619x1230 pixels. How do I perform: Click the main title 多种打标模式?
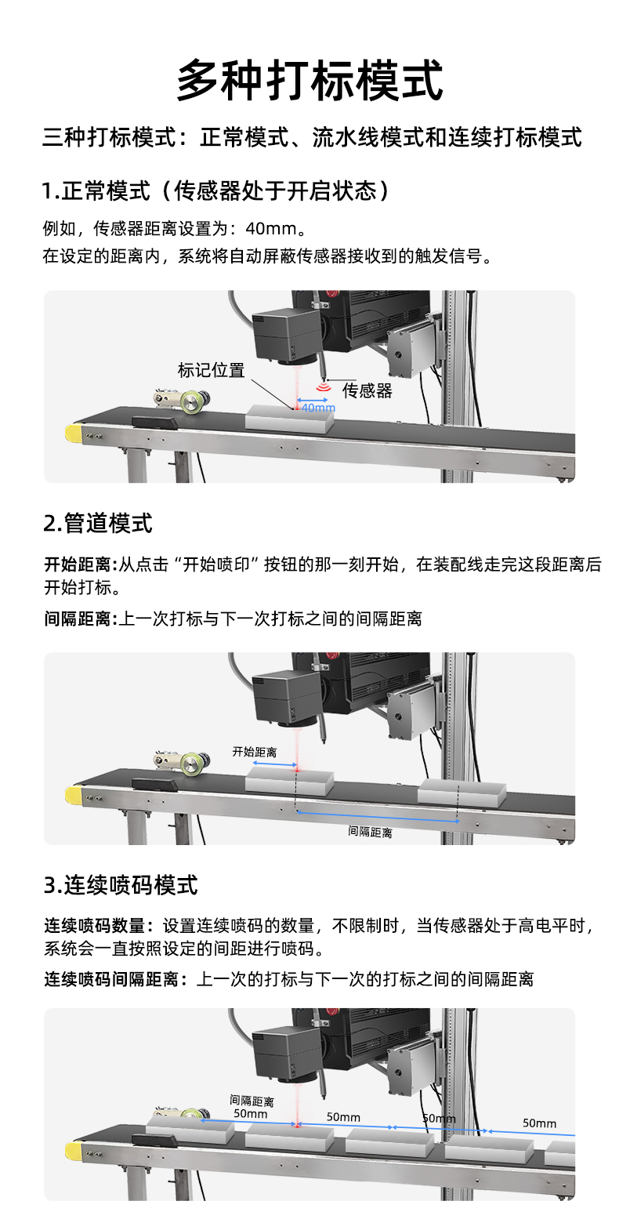pyautogui.click(x=309, y=80)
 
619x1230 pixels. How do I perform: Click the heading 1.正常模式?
pyautogui.click(x=96, y=191)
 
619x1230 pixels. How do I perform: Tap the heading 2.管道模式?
pyautogui.click(x=98, y=523)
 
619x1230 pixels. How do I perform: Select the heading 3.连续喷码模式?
pyautogui.click(x=121, y=885)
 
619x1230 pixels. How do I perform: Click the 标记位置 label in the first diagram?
pyautogui.click(x=212, y=370)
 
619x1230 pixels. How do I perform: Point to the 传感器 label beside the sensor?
pyautogui.click(x=367, y=390)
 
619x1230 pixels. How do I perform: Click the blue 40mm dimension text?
pyautogui.click(x=318, y=408)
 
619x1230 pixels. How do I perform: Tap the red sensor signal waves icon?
pyautogui.click(x=324, y=388)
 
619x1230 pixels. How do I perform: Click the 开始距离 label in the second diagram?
pyautogui.click(x=255, y=752)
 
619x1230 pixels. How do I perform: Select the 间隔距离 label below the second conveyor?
pyautogui.click(x=371, y=832)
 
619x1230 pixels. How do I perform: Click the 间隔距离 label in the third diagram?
pyautogui.click(x=252, y=1101)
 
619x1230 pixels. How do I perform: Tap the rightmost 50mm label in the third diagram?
pyautogui.click(x=539, y=1123)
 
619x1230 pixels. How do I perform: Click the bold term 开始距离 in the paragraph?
pyautogui.click(x=78, y=564)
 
